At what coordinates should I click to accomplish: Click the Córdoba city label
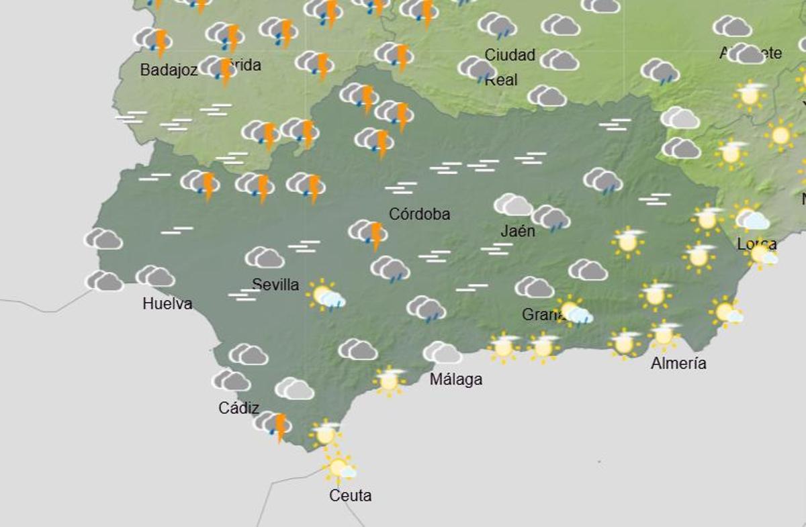419,215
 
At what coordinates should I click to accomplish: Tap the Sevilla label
275,285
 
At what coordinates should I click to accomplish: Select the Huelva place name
167,304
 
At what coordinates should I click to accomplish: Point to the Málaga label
456,379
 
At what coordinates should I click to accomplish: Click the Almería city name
678,364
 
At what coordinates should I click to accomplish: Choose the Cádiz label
238,408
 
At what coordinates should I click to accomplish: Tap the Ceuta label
350,496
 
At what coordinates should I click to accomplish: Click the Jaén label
518,232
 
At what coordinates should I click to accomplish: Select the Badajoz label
169,70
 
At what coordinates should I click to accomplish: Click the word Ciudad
510,55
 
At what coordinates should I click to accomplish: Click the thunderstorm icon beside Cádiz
273,424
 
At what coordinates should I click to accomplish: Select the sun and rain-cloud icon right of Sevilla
326,295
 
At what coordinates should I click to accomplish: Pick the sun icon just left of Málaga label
389,381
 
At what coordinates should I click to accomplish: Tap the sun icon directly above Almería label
664,334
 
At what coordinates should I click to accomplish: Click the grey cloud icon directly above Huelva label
155,276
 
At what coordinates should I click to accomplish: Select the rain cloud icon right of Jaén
551,218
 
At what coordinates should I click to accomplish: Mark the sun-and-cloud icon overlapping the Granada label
575,312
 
